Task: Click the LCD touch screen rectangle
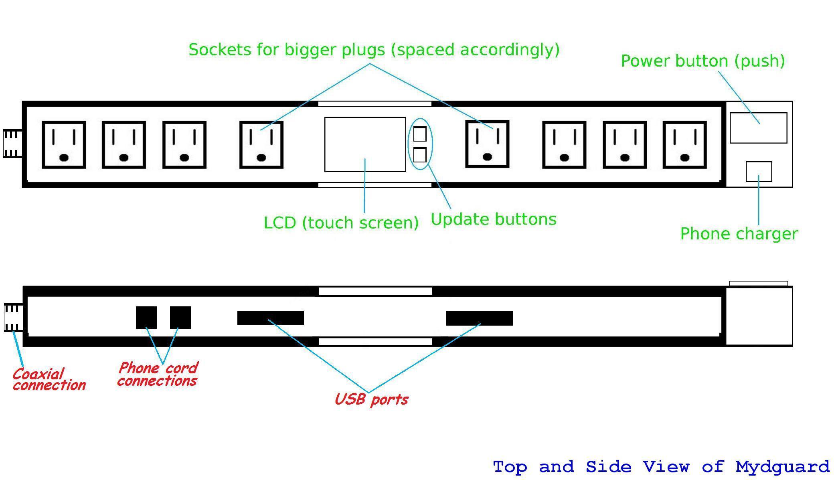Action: tap(365, 144)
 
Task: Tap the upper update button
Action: tap(420, 134)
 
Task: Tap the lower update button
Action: tap(420, 155)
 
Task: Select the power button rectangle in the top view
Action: tap(758, 128)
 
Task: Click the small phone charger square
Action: tap(759, 172)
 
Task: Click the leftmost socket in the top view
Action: tap(64, 145)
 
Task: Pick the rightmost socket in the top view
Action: tap(684, 145)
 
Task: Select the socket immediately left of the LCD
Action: tap(261, 145)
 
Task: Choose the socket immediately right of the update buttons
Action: tap(487, 144)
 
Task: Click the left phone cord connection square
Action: tap(146, 318)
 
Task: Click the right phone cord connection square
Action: tap(180, 318)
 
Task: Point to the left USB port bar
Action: tap(271, 318)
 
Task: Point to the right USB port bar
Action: tap(480, 318)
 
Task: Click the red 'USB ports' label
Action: tap(371, 399)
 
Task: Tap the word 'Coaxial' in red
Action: tap(38, 374)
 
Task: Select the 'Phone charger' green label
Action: tap(739, 234)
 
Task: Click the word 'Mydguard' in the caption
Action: tap(782, 467)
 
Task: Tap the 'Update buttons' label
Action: tap(494, 219)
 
